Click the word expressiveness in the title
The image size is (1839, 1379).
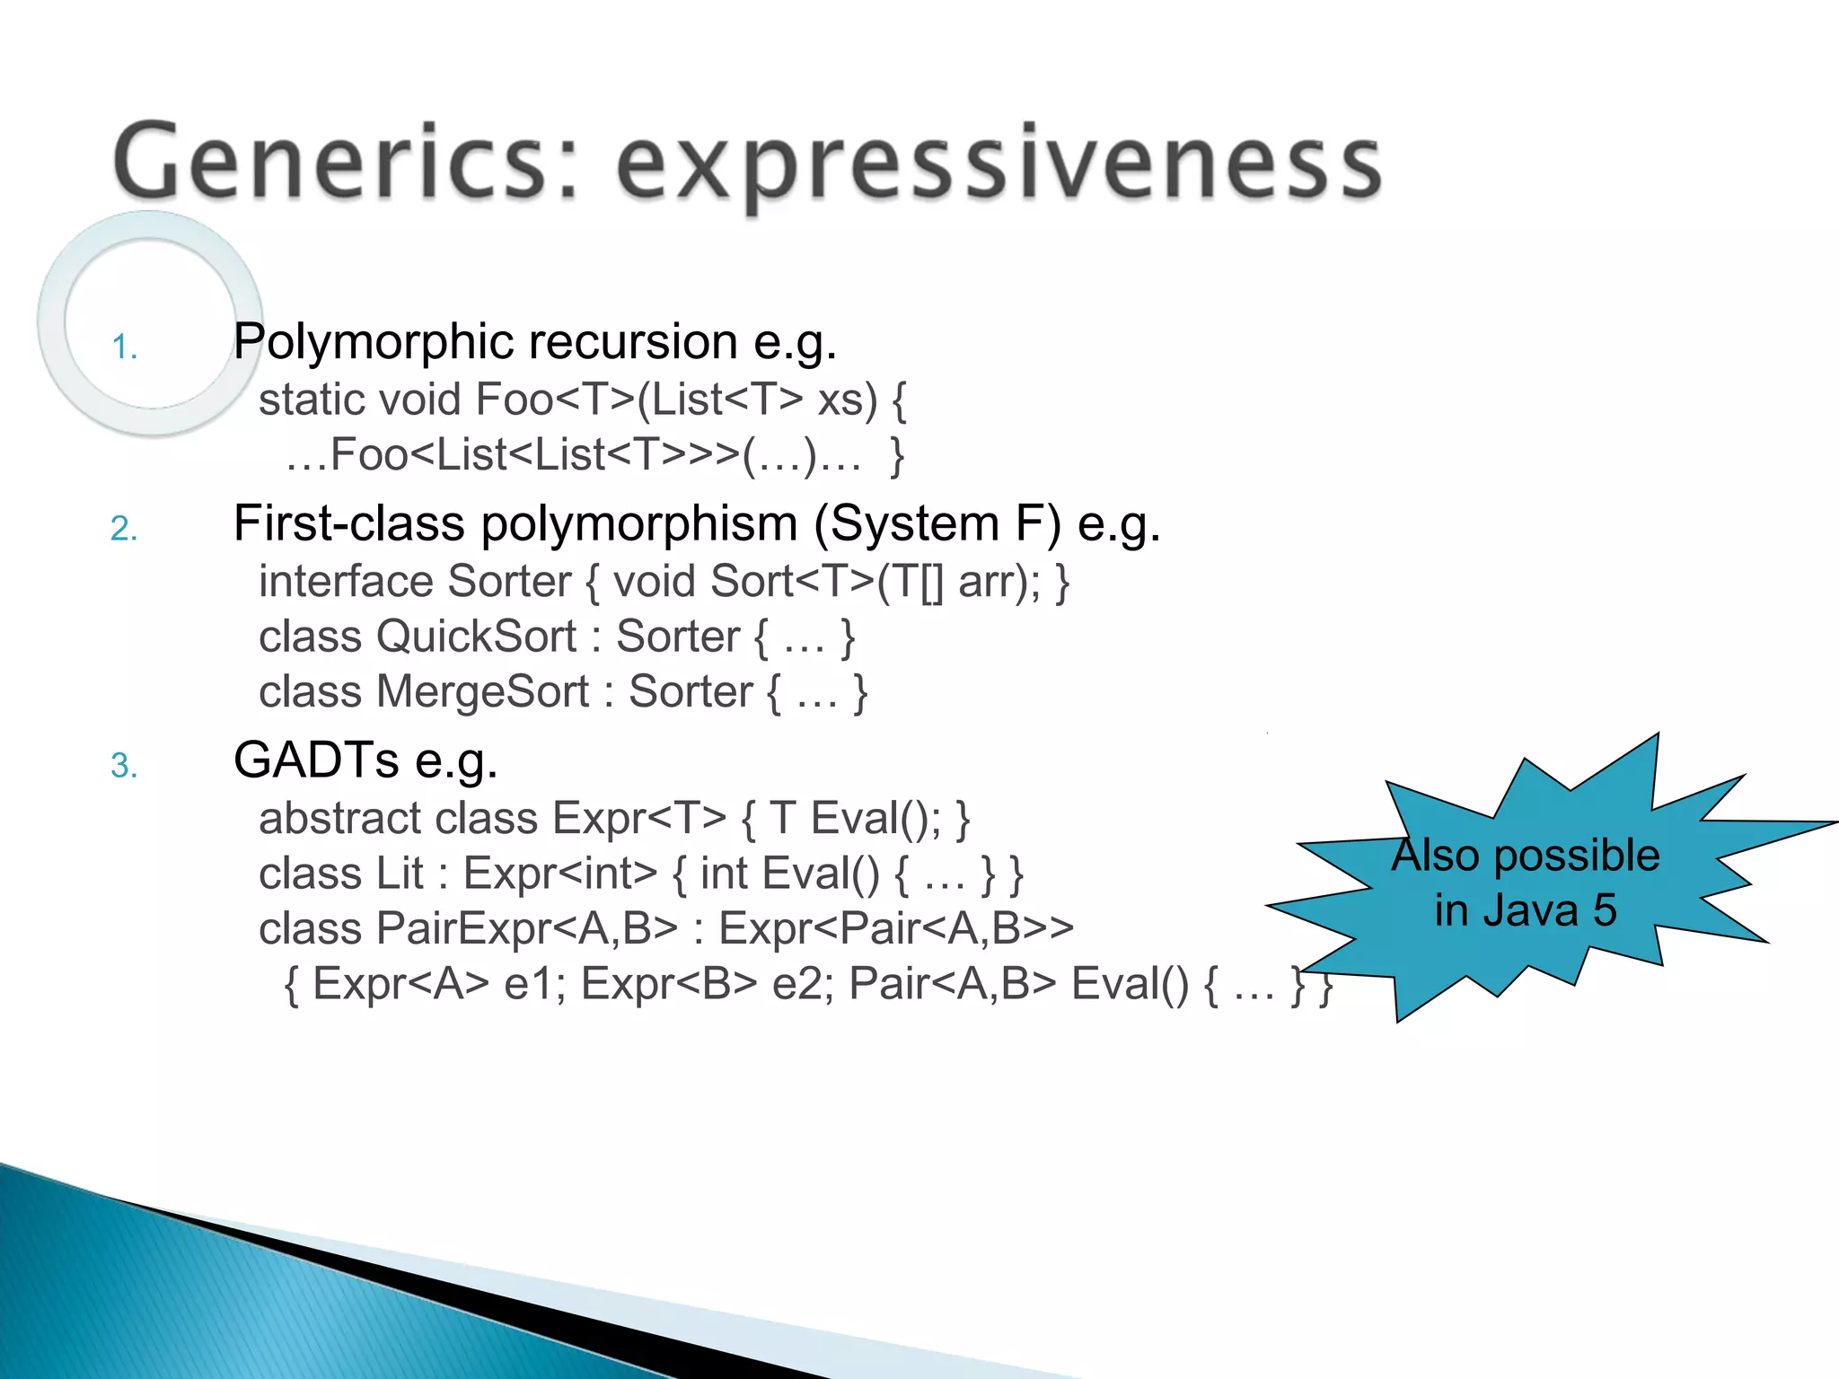pos(999,167)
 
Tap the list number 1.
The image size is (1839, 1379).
pos(124,347)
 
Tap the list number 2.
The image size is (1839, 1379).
pos(124,529)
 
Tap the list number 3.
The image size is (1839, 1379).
pos(124,766)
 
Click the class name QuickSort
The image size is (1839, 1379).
pos(476,637)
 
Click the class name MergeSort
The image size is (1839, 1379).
pos(482,692)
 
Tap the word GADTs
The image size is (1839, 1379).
pos(315,760)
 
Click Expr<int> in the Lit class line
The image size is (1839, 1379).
pos(559,874)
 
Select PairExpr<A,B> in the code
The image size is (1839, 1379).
pos(526,928)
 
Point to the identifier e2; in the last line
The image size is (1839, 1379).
pos(803,984)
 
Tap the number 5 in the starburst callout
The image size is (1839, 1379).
pos(1605,910)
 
